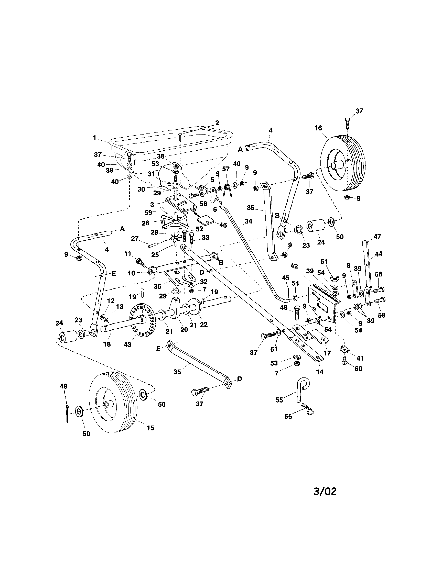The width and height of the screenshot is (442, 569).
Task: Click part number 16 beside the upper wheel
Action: [x=318, y=128]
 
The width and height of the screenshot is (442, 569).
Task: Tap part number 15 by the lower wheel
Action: [x=150, y=428]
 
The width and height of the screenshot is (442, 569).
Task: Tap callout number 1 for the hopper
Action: [x=95, y=138]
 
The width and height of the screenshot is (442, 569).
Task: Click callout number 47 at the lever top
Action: [x=377, y=237]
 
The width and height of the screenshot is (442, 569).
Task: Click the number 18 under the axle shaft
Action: [x=107, y=344]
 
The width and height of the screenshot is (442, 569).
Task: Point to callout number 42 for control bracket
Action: [x=294, y=266]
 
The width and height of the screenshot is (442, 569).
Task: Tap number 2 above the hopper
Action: [x=217, y=123]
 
